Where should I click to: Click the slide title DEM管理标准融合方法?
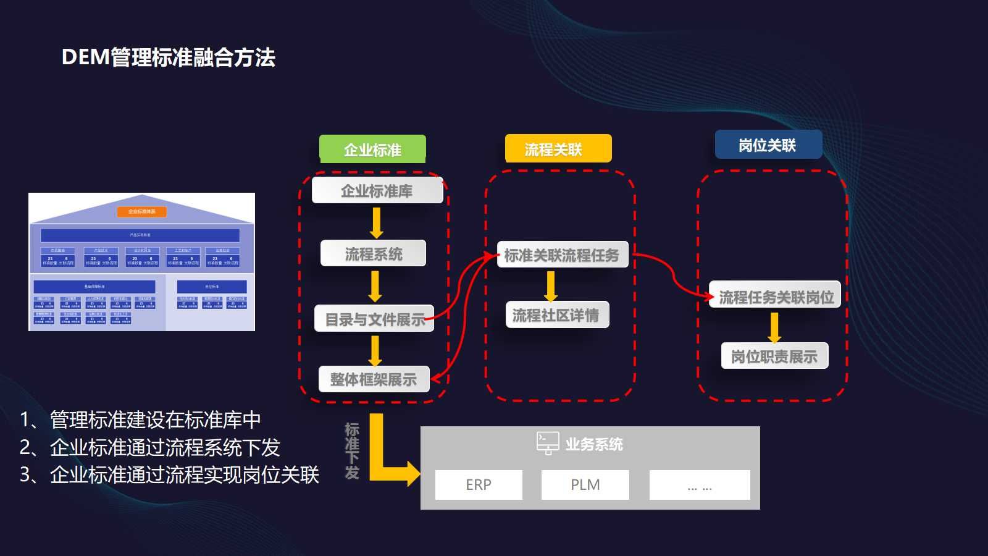[x=168, y=57]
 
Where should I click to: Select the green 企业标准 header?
[x=372, y=150]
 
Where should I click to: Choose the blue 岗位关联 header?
[x=768, y=145]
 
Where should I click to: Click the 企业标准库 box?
[x=377, y=191]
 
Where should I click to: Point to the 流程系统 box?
[x=373, y=253]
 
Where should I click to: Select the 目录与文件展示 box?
[x=374, y=319]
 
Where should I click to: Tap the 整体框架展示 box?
[x=373, y=379]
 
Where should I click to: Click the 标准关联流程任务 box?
[x=562, y=255]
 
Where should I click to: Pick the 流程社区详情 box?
[x=556, y=315]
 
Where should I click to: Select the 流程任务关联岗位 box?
[x=776, y=297]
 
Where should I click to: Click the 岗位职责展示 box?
[x=774, y=356]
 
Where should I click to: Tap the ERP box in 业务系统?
[x=479, y=485]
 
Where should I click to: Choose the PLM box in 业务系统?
[x=585, y=485]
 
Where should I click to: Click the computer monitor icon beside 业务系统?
[x=548, y=443]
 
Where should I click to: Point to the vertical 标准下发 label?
[x=352, y=451]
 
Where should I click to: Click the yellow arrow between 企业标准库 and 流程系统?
[x=376, y=222]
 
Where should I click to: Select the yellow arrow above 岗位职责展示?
[x=774, y=327]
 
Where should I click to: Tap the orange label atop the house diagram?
[x=141, y=212]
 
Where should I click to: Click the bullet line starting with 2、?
[x=150, y=447]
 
